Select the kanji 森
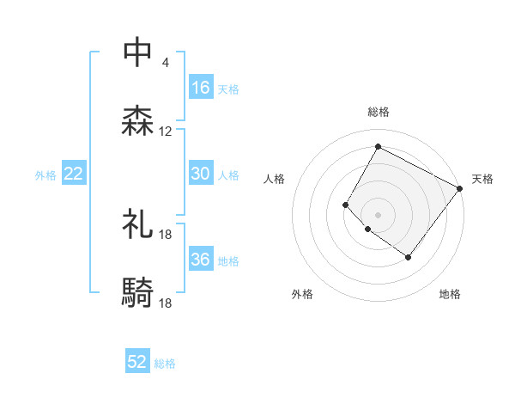pos(138,121)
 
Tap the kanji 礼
pos(138,224)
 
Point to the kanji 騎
pos(138,293)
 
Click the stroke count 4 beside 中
pos(165,63)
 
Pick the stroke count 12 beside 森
pos(166,132)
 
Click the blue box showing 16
pos(201,88)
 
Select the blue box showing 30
pos(201,174)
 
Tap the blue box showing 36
pos(201,260)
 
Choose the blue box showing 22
pos(74,174)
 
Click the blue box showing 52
pos(137,362)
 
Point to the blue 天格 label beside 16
pos(228,89)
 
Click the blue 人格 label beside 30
pos(228,174)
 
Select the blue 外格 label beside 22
pos(45,174)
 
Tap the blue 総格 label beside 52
pos(165,363)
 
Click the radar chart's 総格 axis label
pos(378,112)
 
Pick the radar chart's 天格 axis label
pos(482,179)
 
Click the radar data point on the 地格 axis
pos(408,257)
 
